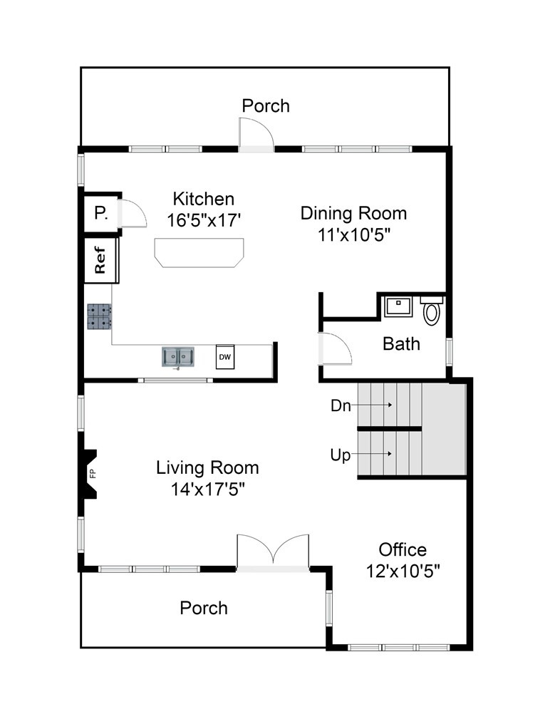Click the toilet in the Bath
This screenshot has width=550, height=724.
tap(431, 311)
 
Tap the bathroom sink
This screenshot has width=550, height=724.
tap(398, 306)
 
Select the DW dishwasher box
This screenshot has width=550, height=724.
tap(225, 356)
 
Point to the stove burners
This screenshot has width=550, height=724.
tap(99, 316)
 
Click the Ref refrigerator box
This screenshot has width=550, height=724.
tap(101, 260)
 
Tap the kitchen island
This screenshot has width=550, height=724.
tap(199, 252)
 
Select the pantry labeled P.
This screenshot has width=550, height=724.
tap(101, 213)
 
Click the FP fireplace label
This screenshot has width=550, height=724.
tap(93, 474)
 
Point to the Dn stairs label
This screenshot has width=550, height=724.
tap(341, 405)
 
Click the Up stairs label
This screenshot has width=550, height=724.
tap(341, 455)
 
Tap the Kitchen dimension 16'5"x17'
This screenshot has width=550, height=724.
tap(204, 220)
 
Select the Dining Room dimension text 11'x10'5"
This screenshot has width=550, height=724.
tap(354, 235)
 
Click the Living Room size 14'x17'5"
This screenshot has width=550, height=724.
tap(207, 489)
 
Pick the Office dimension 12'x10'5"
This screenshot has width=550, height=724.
tap(403, 572)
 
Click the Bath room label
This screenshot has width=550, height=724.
tap(401, 344)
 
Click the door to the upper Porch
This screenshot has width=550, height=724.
tap(256, 135)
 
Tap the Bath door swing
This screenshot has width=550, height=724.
tap(335, 348)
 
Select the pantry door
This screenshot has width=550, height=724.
tap(132, 213)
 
